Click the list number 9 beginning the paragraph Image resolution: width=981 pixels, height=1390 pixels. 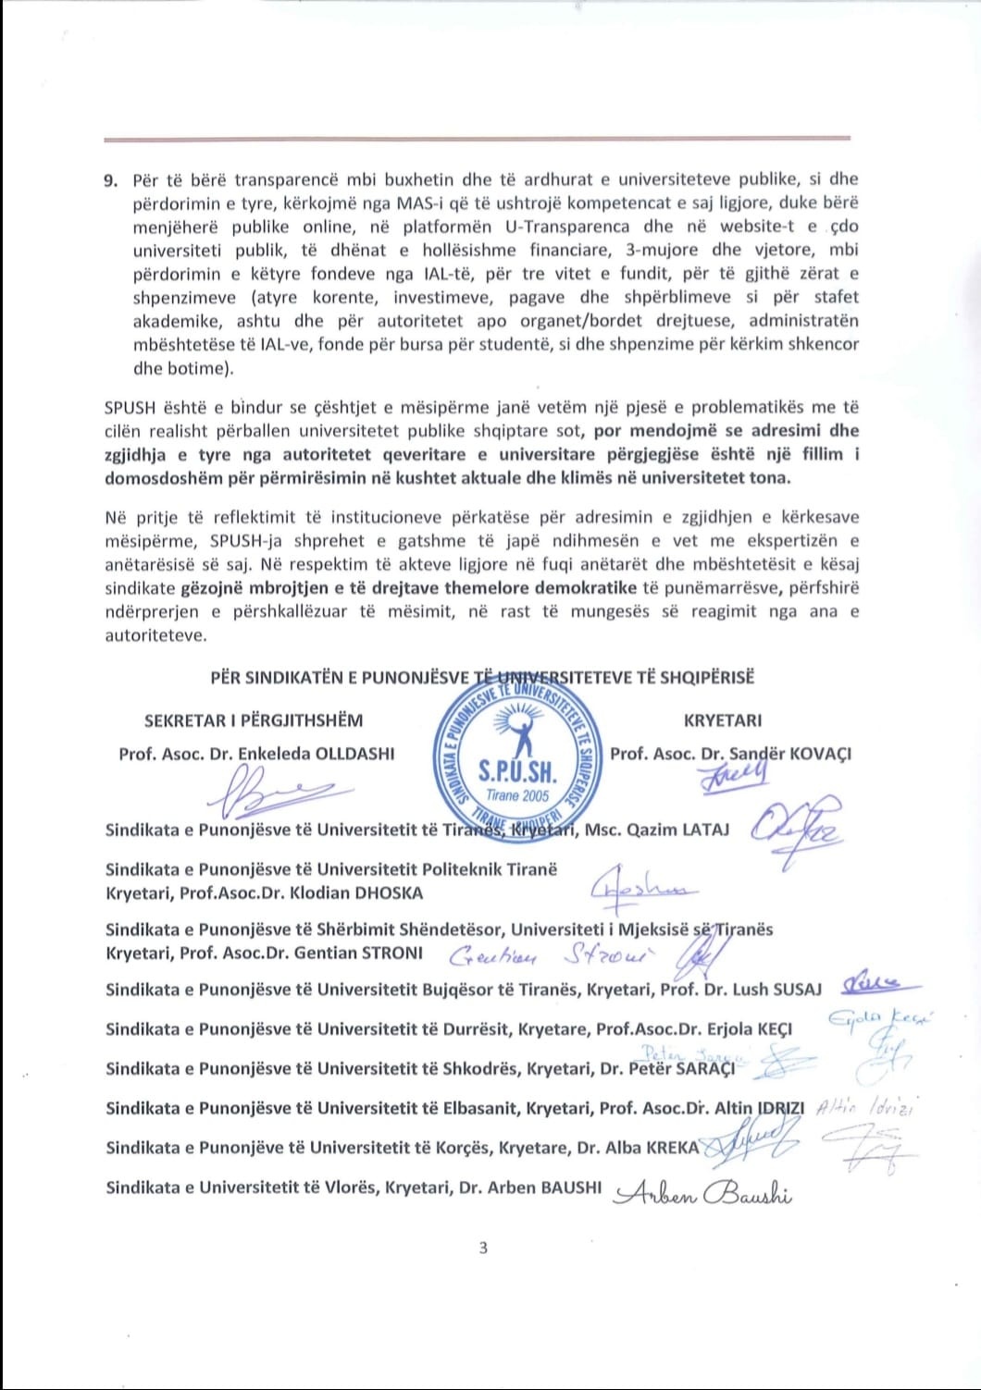(x=110, y=179)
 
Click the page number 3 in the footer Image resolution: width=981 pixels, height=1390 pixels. (x=483, y=1248)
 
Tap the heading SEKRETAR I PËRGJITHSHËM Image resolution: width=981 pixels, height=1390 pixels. (x=254, y=720)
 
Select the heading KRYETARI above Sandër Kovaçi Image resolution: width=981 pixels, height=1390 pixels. (x=723, y=720)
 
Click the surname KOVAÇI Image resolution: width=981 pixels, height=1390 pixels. (x=818, y=754)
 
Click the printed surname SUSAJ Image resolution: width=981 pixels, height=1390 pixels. (x=796, y=990)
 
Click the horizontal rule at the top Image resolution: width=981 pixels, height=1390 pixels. (x=477, y=139)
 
